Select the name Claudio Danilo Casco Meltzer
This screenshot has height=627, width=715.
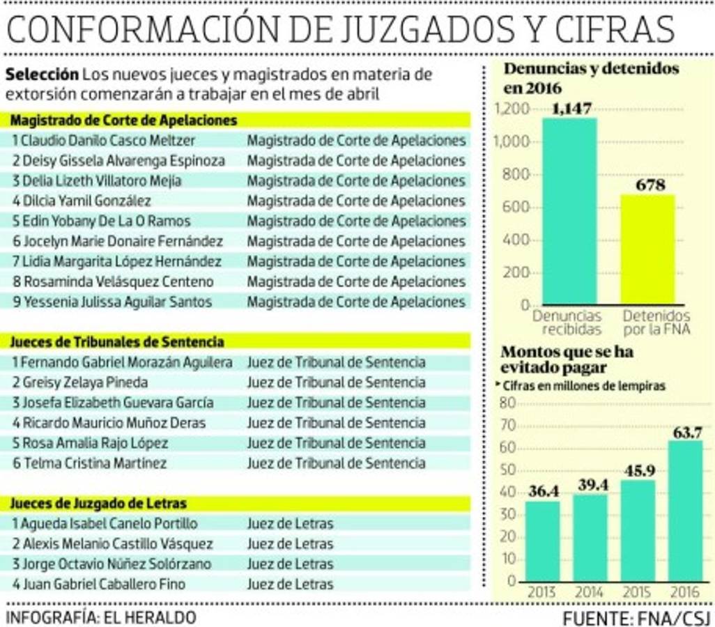click(105, 141)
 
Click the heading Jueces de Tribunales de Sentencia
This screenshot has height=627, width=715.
click(117, 342)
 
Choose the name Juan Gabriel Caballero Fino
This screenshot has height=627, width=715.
click(99, 584)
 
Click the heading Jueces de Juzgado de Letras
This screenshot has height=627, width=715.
click(98, 503)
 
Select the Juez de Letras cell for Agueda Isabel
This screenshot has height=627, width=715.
click(290, 523)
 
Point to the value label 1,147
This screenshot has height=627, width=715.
click(570, 108)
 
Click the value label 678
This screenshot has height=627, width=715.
click(649, 185)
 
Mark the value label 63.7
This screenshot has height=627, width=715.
click(686, 432)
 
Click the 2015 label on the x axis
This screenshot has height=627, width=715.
click(638, 592)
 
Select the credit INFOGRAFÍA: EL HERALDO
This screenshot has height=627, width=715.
click(100, 617)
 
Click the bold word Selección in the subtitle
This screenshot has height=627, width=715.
click(41, 75)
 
